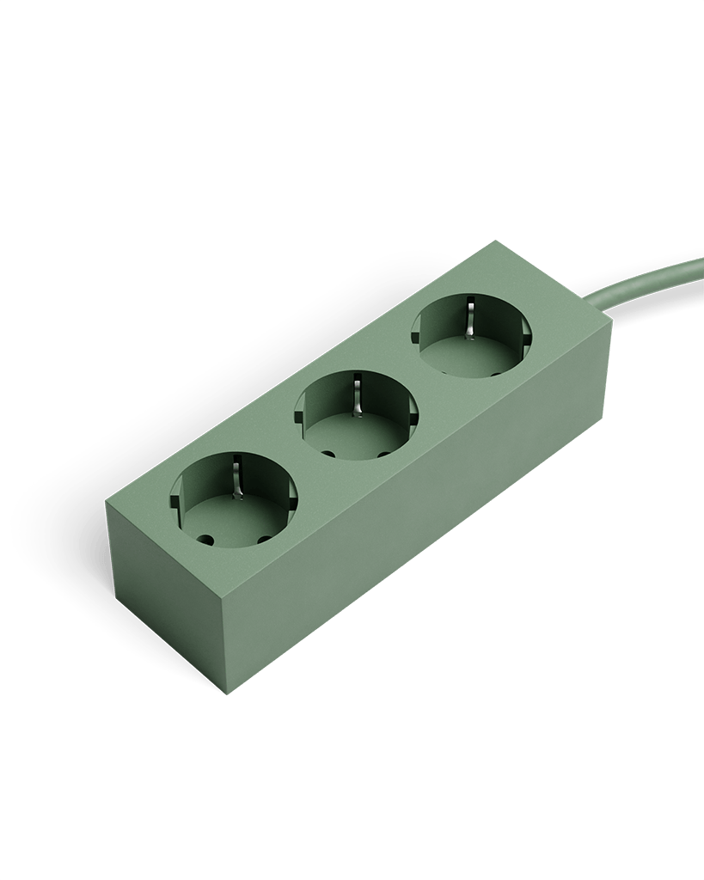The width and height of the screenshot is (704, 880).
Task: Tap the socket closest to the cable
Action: click(471, 336)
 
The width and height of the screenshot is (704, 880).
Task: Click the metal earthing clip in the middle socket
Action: click(354, 393)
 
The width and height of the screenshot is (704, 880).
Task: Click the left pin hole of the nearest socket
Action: click(207, 541)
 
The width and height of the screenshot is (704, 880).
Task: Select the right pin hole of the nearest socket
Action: click(264, 539)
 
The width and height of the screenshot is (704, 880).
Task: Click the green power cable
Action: click(653, 284)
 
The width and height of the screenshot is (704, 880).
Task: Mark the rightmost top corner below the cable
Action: click(611, 325)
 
